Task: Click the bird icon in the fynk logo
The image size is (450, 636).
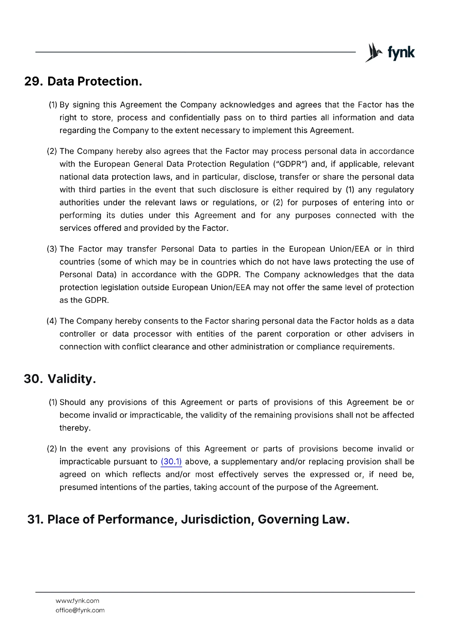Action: (x=373, y=52)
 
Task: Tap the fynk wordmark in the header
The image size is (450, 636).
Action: (x=401, y=52)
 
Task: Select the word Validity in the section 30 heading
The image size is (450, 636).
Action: (x=72, y=379)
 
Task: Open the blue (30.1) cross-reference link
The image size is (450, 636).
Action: (x=171, y=462)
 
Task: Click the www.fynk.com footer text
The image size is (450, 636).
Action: (x=78, y=601)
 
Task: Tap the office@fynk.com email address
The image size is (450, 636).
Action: (x=80, y=610)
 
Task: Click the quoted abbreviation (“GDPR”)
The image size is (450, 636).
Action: (x=290, y=164)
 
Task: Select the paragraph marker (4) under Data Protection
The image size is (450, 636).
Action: (x=52, y=321)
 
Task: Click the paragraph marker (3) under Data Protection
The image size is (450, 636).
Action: (x=52, y=249)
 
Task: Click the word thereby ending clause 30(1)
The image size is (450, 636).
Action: (x=75, y=428)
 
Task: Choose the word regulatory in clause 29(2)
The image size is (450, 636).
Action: (x=394, y=190)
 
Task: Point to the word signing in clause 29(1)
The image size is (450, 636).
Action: (x=86, y=105)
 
